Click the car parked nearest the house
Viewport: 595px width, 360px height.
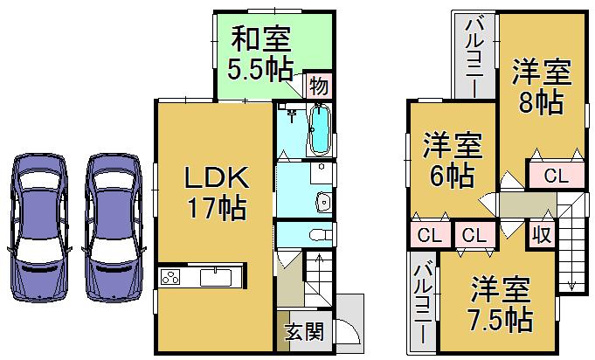click(x=112, y=227)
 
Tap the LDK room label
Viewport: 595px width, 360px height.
click(x=216, y=179)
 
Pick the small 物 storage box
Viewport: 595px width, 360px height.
click(x=319, y=86)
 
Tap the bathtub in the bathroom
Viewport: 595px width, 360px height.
click(x=320, y=129)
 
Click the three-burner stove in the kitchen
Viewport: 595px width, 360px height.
click(x=170, y=279)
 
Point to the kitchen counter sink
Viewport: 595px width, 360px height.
click(x=214, y=279)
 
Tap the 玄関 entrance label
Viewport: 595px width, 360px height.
click(x=303, y=333)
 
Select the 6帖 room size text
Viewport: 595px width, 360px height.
click(x=451, y=175)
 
